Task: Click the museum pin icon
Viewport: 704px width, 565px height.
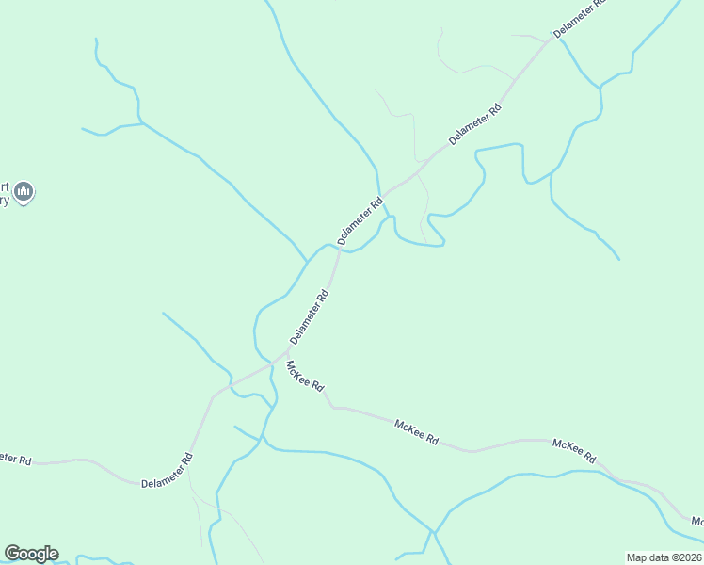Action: tap(24, 192)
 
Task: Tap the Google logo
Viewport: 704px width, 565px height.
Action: tap(31, 554)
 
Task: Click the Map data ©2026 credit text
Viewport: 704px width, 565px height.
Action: tap(664, 557)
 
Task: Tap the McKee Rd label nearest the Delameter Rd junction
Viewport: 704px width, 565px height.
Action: tap(305, 376)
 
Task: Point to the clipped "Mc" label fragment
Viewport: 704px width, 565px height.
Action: tap(696, 521)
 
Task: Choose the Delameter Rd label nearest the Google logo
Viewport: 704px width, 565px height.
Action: tap(167, 471)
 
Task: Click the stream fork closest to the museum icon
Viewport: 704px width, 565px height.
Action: tap(141, 123)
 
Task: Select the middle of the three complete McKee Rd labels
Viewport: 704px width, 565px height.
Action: tap(417, 432)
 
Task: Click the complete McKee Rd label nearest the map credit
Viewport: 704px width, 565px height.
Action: tap(574, 450)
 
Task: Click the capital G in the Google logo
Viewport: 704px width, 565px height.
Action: tap(12, 554)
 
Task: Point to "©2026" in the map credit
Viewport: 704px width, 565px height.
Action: tap(686, 557)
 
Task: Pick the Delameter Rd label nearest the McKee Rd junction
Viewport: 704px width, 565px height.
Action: tap(310, 316)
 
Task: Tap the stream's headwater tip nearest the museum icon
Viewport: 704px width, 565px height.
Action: tap(83, 129)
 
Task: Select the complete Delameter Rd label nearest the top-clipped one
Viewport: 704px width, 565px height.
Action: tap(476, 123)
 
